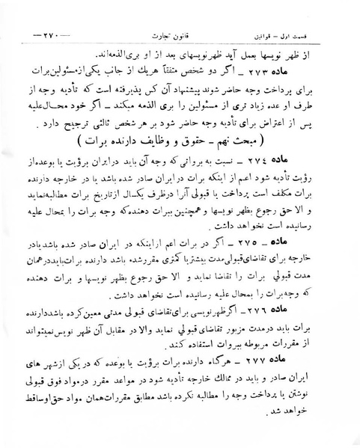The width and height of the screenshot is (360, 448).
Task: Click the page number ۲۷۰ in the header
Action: pos(52,34)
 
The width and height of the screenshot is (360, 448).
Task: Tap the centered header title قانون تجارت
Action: pos(183,34)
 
